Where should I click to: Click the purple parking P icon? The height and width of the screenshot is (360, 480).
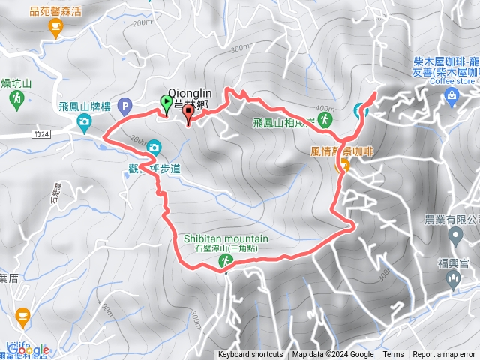click(x=124, y=106)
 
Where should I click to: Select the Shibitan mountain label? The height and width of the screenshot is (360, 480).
click(x=226, y=238)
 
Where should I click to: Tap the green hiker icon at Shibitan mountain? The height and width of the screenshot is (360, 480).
click(x=225, y=260)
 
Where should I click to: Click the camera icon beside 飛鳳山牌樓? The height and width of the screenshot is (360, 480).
click(x=85, y=121)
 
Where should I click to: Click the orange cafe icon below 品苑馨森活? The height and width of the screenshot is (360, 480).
click(x=55, y=28)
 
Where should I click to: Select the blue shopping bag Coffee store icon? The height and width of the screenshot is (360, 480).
click(x=451, y=94)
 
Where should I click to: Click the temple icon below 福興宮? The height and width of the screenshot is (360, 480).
click(x=451, y=280)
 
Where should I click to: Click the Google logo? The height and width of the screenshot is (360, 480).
click(x=28, y=349)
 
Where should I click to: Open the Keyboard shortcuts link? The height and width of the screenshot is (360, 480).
click(x=250, y=355)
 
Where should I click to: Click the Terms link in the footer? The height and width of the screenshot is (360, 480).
click(x=393, y=355)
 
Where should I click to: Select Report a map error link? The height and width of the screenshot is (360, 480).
click(x=444, y=355)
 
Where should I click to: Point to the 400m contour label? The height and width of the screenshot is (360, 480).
click(x=325, y=107)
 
